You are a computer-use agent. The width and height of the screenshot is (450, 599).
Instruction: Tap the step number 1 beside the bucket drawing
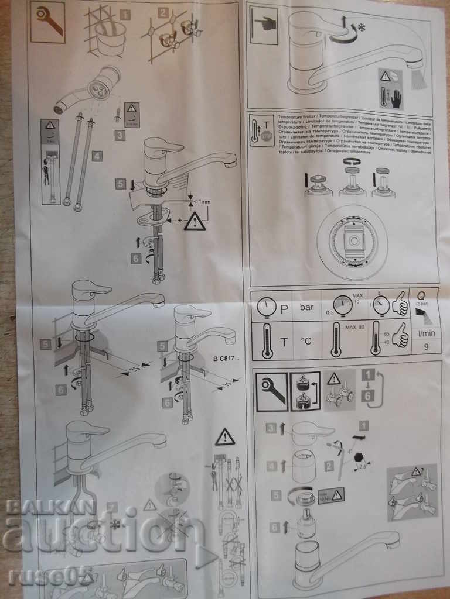[125, 15]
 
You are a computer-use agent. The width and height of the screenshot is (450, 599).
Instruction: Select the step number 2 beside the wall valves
[162, 13]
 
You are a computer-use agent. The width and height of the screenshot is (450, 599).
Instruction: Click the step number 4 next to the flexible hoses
[97, 156]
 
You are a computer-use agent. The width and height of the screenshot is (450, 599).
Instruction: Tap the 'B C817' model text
[224, 358]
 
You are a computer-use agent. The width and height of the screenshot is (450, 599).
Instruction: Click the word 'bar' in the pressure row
[307, 307]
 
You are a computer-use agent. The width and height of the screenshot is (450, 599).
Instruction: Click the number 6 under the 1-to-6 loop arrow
[367, 396]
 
